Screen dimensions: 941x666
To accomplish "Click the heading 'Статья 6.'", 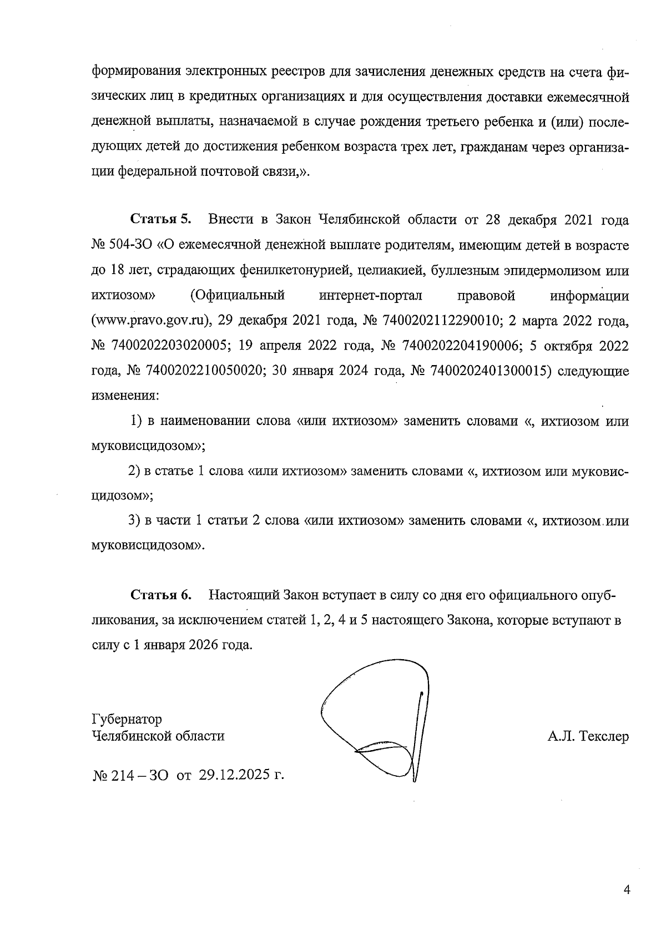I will (x=161, y=595).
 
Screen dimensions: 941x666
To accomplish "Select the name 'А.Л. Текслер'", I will (x=588, y=736).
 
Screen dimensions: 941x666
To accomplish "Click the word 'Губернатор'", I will (x=127, y=720).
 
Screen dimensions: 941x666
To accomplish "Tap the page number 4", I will (x=627, y=890).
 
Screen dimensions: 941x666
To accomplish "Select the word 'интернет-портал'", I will (x=371, y=295).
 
